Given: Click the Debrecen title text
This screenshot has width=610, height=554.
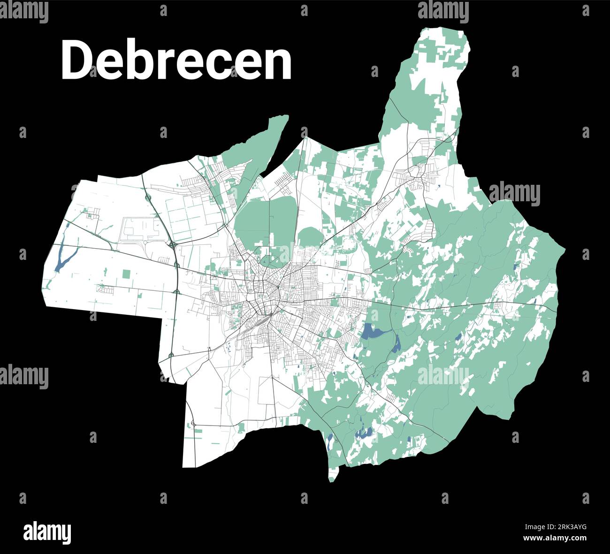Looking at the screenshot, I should pos(176,61).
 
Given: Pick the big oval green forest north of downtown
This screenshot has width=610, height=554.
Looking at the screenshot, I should pos(265,220).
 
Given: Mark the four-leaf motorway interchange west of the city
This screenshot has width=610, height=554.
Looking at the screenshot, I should pos(174,244).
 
